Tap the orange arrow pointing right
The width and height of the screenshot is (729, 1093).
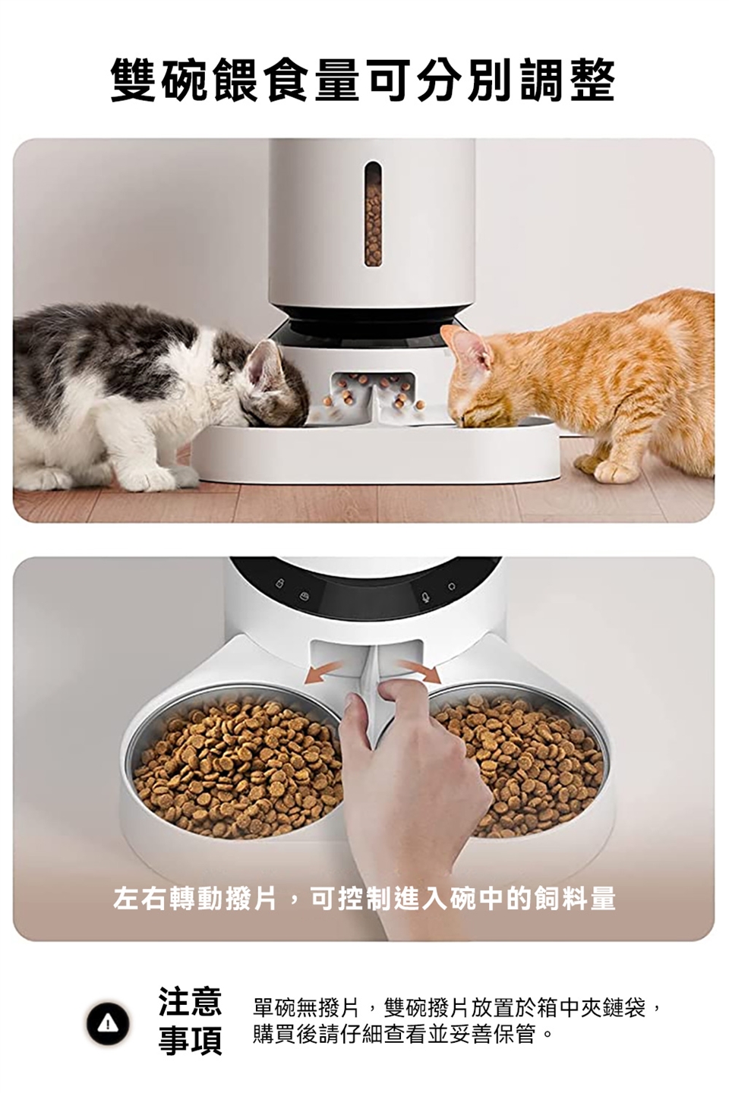click(419, 672)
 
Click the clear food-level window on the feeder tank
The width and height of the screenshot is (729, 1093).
click(373, 214)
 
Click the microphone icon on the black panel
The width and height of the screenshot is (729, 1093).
click(425, 597)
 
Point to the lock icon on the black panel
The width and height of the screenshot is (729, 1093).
click(280, 583)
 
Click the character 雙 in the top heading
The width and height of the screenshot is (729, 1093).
click(134, 80)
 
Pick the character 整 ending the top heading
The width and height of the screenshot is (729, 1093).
click(592, 80)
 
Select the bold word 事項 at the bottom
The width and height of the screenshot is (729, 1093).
click(190, 1041)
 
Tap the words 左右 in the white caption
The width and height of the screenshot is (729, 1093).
click(140, 898)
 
